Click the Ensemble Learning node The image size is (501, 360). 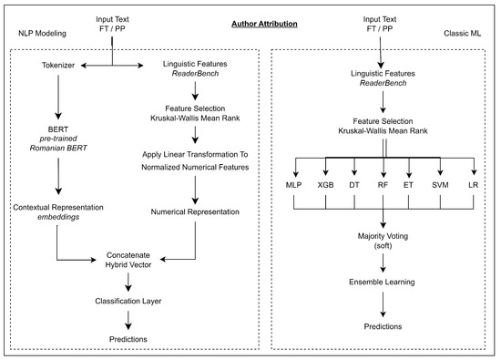(x=383, y=283)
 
